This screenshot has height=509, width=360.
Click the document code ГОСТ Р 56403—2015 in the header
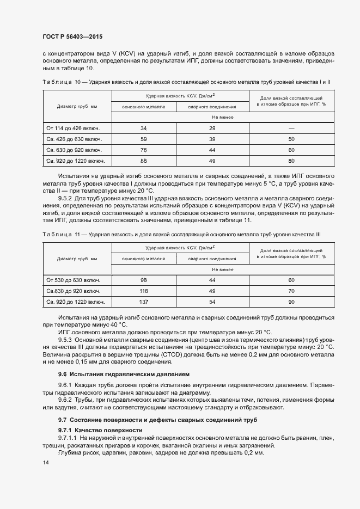point(72,36)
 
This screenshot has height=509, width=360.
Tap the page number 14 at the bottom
point(45,462)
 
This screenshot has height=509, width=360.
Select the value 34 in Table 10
point(144,128)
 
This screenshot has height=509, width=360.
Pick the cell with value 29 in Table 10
point(212,128)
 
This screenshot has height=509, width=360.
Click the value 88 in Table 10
point(144,161)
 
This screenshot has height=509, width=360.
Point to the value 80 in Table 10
point(291,161)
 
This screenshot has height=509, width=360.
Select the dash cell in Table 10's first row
point(291,128)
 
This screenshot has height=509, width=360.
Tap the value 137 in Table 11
point(144,301)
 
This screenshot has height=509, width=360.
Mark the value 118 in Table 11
point(144,291)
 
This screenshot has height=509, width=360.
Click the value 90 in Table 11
point(291,301)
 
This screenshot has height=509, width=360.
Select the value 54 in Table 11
point(212,301)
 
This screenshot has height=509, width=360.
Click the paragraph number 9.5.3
point(68,339)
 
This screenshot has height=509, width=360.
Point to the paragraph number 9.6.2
point(68,401)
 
